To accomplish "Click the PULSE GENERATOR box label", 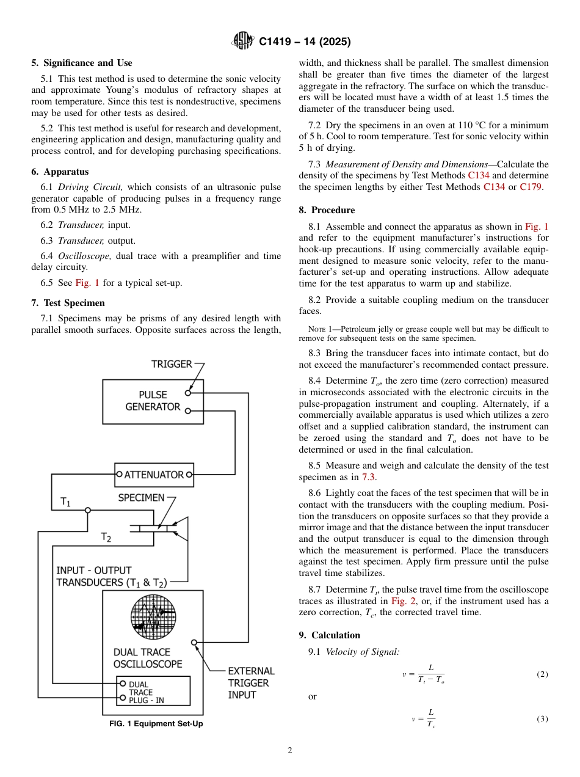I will (153, 401).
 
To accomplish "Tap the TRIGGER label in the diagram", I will (172, 364).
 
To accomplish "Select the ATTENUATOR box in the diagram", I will (154, 474).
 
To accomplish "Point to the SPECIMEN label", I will (141, 498).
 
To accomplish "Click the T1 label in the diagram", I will (65, 502).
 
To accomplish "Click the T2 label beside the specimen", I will (106, 538).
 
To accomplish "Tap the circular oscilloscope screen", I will (153, 616).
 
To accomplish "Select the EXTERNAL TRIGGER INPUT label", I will (250, 683).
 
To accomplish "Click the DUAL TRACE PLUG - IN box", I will (153, 691).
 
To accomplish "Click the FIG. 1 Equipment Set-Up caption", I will (156, 724).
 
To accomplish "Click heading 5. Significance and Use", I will (81, 63).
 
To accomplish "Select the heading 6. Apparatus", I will (60, 172).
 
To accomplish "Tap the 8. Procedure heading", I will (327, 210).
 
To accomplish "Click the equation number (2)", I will (542, 674).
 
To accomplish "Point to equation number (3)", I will (542, 719).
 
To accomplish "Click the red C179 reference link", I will (531, 187).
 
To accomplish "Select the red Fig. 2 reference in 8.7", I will (402, 601).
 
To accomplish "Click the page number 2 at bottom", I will (290, 751).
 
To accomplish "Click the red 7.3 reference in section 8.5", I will (368, 477).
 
